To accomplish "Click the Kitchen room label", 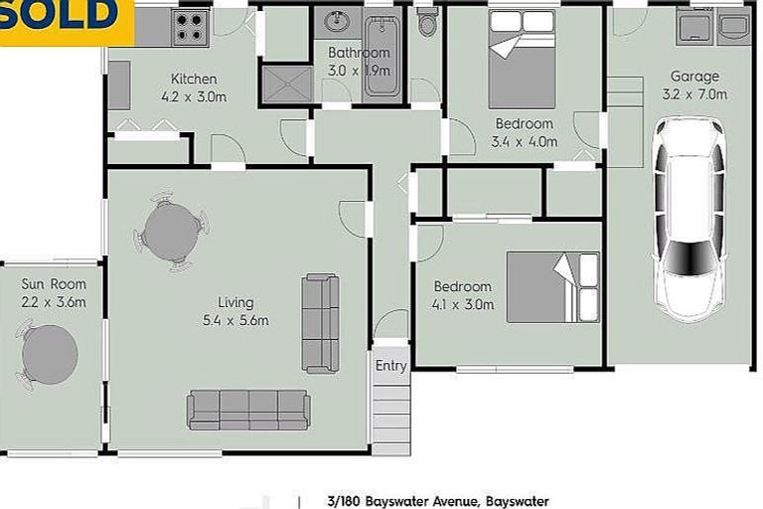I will click(x=194, y=80).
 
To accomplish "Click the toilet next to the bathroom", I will click(x=427, y=22).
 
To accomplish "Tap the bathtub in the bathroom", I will click(x=381, y=58).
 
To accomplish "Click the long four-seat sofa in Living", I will click(x=248, y=410).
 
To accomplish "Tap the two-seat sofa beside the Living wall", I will click(x=320, y=323).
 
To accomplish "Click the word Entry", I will click(x=391, y=366).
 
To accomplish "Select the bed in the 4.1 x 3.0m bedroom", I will click(x=552, y=287).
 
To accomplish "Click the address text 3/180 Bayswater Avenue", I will click(x=437, y=501).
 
